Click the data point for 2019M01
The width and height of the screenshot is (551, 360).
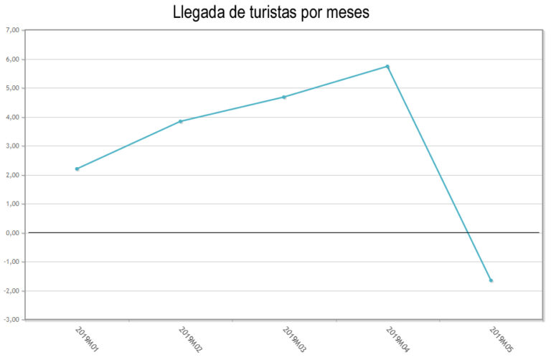tap(77, 169)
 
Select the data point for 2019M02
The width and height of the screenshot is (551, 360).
tap(181, 121)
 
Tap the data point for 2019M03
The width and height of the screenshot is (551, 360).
tap(284, 97)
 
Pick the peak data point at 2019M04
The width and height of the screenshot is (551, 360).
tap(387, 67)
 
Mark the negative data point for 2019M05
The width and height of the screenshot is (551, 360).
tap(491, 280)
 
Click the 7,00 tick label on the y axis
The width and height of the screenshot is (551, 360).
tap(14, 30)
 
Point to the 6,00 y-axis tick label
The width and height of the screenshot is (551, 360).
tap(14, 59)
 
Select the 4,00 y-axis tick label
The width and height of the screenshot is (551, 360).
tap(14, 117)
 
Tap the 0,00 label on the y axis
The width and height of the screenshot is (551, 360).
tap(14, 232)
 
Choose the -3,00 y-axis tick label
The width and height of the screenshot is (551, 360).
tap(12, 319)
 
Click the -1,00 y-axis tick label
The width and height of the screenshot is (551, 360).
tap(12, 262)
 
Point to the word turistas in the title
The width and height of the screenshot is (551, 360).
tap(278, 13)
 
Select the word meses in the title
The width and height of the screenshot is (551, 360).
tap(349, 13)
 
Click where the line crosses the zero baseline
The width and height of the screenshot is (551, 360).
tap(468, 232)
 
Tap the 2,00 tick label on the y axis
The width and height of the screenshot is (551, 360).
tap(14, 175)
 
